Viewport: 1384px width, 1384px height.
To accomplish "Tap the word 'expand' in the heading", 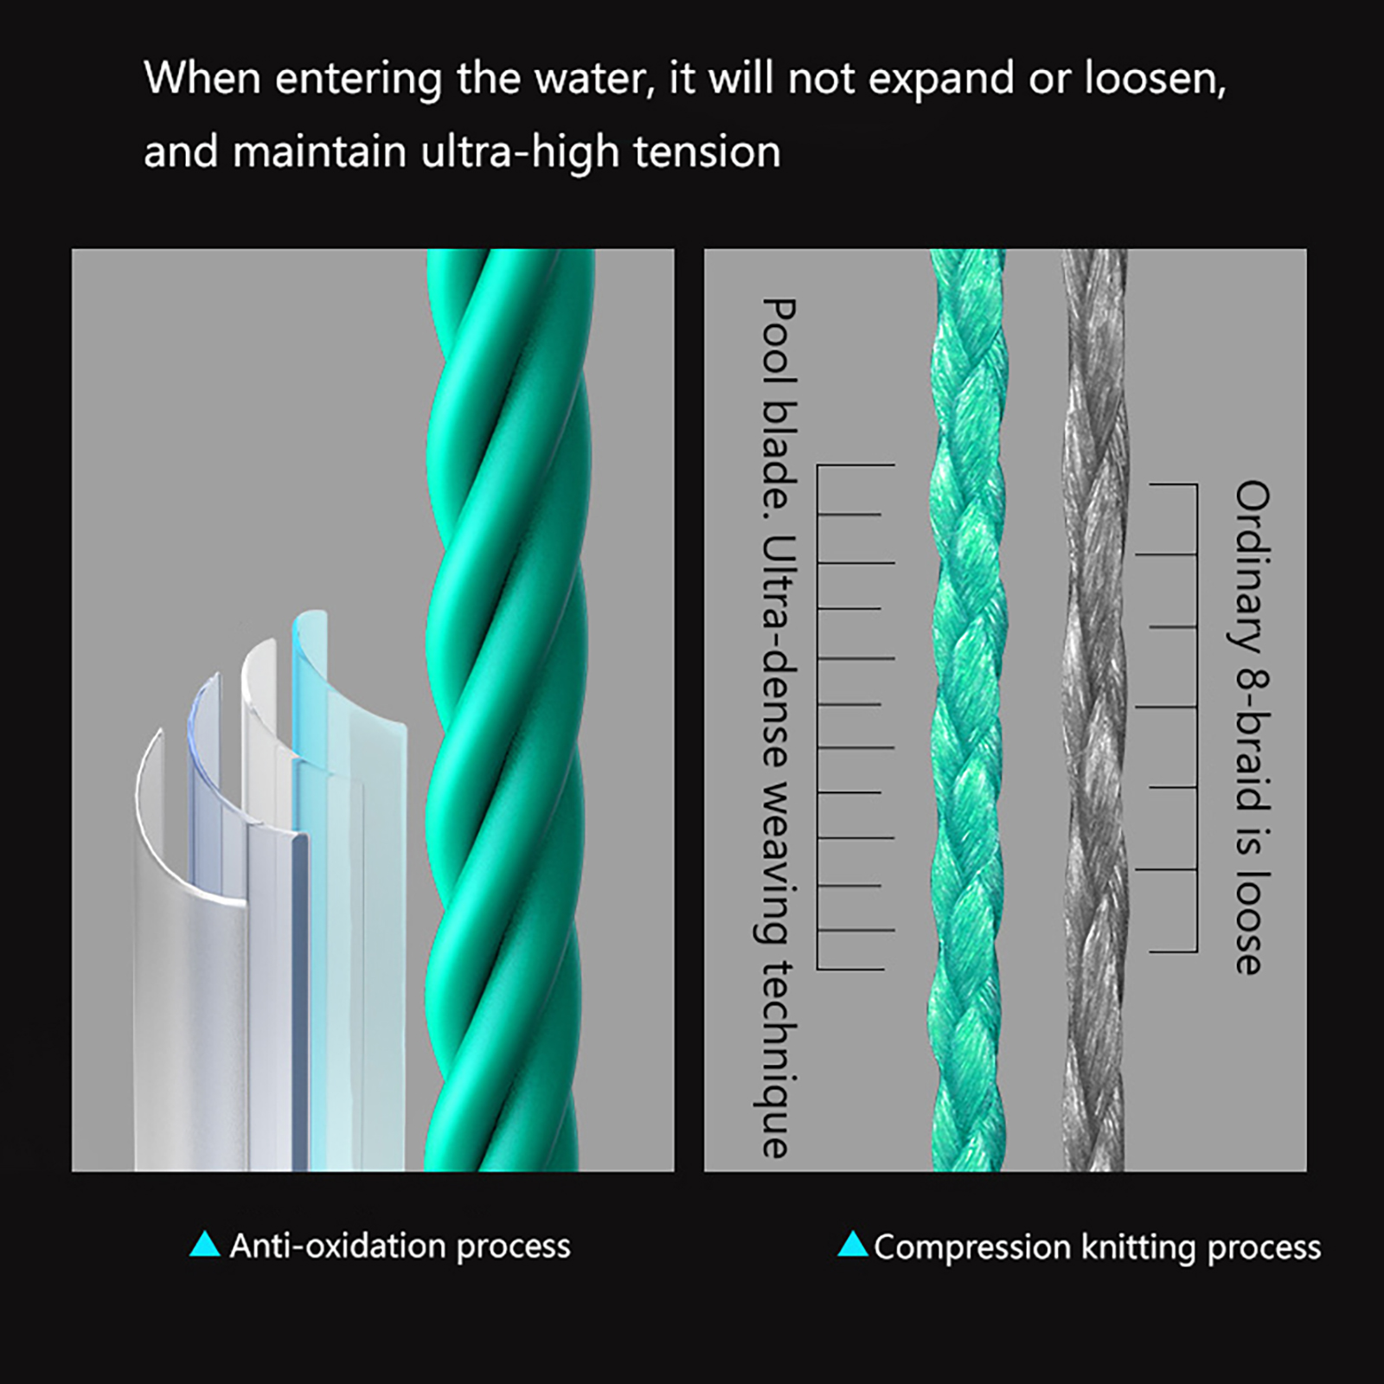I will [940, 80].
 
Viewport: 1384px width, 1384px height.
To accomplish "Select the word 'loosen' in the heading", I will [1154, 80].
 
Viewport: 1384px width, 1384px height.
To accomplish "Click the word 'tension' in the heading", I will [707, 152].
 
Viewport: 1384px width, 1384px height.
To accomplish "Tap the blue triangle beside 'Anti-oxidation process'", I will [205, 1244].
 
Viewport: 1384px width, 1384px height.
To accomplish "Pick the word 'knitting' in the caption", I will [1139, 1247].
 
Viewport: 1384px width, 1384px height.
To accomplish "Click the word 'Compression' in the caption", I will [972, 1247].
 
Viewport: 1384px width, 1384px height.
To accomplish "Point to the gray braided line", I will [1094, 709].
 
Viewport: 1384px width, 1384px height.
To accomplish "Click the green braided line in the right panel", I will [968, 709].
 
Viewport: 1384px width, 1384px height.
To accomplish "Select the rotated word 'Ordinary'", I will [1252, 567].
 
